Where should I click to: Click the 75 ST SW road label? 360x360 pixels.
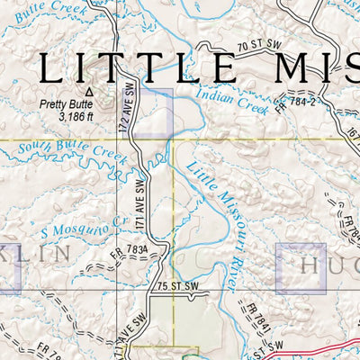[x=175, y=287]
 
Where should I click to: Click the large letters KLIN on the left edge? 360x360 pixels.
[x=36, y=254]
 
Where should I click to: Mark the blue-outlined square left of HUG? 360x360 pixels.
[x=301, y=268]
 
